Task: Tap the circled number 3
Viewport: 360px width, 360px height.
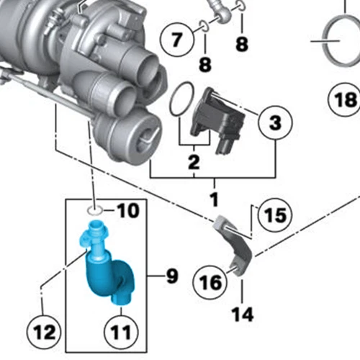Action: click(x=275, y=125)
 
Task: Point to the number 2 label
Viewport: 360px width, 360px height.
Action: click(x=193, y=162)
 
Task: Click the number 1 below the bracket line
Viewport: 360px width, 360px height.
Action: click(x=213, y=197)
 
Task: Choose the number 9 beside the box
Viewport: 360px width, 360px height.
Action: click(x=171, y=275)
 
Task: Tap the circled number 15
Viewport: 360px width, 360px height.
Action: click(x=273, y=215)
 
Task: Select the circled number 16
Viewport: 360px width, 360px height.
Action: click(x=210, y=282)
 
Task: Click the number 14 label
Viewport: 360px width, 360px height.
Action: click(x=243, y=314)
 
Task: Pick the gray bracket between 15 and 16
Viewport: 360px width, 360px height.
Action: click(x=236, y=248)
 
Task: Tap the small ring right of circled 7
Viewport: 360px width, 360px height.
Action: click(x=204, y=27)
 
